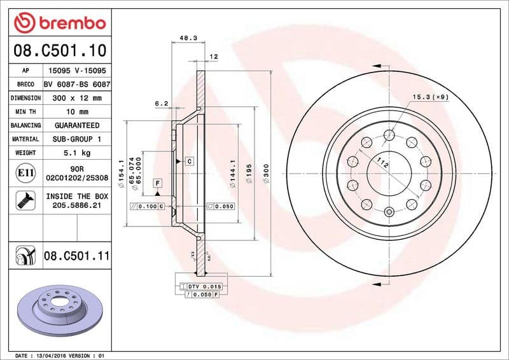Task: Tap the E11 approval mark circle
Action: (x=24, y=172)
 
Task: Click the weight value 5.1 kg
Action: (x=76, y=153)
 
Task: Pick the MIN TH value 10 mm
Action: (x=76, y=112)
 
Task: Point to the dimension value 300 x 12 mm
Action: (x=76, y=99)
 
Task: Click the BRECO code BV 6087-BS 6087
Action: (x=77, y=85)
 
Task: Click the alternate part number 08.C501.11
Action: (x=76, y=256)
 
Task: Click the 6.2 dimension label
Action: (x=161, y=102)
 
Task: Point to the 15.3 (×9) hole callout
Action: (x=431, y=97)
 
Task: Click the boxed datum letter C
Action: (x=189, y=162)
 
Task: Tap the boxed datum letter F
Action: (x=157, y=183)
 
